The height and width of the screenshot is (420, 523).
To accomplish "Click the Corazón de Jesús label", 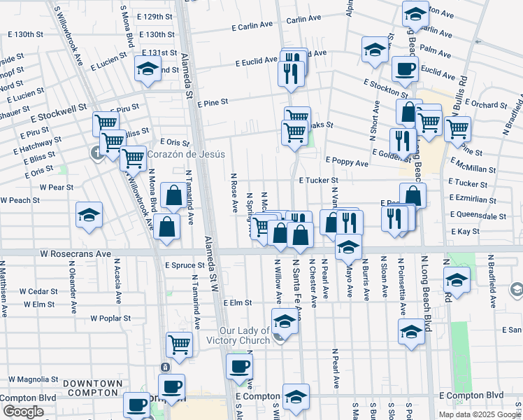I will pos(185,154).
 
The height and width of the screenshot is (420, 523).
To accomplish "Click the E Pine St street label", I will pos(213,102).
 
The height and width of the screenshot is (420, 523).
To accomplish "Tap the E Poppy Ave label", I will pos(347,162).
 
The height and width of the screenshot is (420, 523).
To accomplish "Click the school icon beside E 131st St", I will pos(147,68).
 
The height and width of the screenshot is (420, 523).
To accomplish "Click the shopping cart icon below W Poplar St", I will pos(179,344).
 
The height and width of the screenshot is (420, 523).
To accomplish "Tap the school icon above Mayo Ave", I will pos(348,246).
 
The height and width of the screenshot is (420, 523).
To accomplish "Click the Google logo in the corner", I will pos(22,412).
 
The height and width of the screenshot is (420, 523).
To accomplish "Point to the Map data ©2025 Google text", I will pos(479,414).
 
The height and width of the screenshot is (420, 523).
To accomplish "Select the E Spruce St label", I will pos(185,265).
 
